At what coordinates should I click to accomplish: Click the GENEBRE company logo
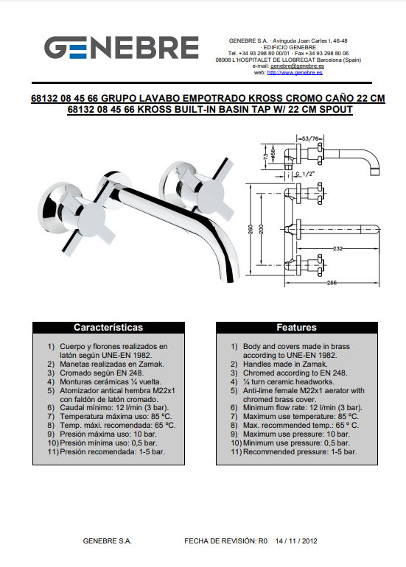pos(122,47)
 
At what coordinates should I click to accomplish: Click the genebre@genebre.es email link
pos(297,66)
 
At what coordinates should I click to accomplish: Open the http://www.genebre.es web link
pos(295,73)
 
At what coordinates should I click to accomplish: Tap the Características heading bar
pos(108,328)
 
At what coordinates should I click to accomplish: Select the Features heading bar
pos(297,328)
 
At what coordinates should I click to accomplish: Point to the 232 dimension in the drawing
pos(337,248)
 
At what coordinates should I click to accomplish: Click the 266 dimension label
pos(332,283)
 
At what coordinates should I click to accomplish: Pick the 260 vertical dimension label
pos(251,229)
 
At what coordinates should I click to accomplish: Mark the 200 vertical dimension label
pos(262,229)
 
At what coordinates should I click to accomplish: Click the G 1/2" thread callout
pos(304,174)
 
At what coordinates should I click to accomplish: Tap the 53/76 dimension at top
pos(310,138)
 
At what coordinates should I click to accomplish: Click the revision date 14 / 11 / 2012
pos(296,541)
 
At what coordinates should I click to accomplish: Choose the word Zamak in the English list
pos(317,364)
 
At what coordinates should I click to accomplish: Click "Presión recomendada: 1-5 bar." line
pos(112,451)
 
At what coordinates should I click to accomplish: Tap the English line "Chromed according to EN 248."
pos(295,373)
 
